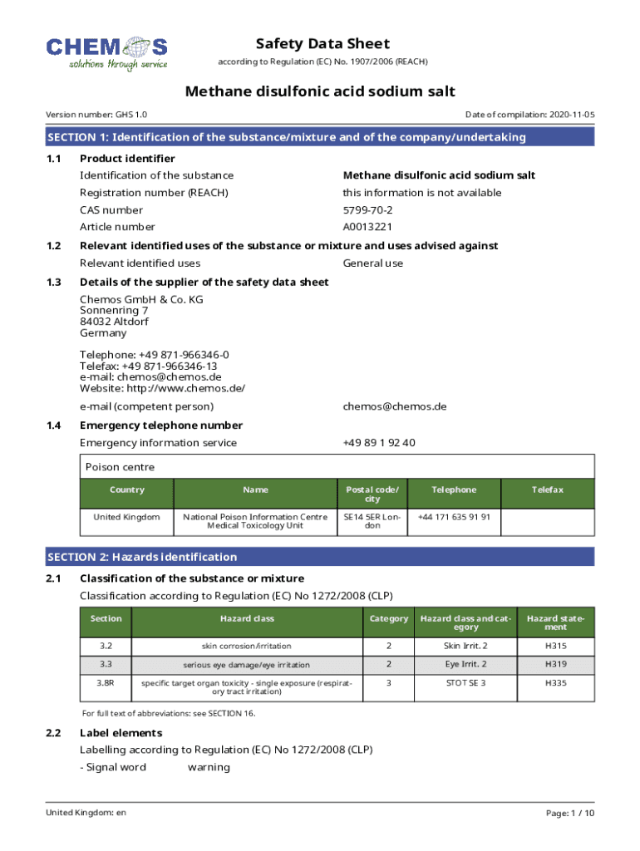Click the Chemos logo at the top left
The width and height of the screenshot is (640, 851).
[106, 53]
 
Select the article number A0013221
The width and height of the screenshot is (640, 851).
[368, 227]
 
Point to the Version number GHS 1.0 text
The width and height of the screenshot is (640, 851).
[96, 115]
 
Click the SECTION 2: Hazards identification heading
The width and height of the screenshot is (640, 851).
[142, 557]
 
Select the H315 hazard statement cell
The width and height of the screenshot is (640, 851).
[556, 646]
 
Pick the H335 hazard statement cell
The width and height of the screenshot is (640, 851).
[556, 683]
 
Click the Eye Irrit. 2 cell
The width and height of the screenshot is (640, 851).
[465, 664]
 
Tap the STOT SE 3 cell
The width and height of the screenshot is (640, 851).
[465, 683]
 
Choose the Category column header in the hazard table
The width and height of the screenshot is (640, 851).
[389, 618]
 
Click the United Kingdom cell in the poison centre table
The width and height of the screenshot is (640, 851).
[126, 517]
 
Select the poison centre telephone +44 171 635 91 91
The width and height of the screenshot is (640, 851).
[454, 517]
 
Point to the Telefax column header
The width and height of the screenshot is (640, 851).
[548, 490]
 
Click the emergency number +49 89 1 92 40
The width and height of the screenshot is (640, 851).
[379, 443]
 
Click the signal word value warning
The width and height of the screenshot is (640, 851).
[209, 767]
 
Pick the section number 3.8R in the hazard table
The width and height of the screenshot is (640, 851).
[106, 683]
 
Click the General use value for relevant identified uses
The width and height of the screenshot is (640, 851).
[373, 263]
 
